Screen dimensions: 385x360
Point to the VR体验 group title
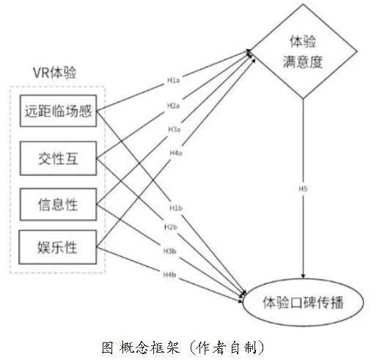[55, 73]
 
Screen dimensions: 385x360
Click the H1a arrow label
[173, 80]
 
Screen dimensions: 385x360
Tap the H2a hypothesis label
[173, 106]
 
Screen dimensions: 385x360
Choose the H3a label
[174, 130]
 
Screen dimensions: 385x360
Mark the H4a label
[176, 153]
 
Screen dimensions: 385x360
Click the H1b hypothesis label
[176, 208]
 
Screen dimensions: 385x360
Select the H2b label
[171, 227]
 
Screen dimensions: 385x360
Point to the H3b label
[170, 251]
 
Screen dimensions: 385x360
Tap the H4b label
[169, 274]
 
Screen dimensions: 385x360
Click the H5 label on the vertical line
[303, 189]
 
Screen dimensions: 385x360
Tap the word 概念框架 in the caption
[150, 347]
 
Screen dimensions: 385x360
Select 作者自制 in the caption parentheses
[227, 347]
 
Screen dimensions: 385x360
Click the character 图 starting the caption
[107, 347]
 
